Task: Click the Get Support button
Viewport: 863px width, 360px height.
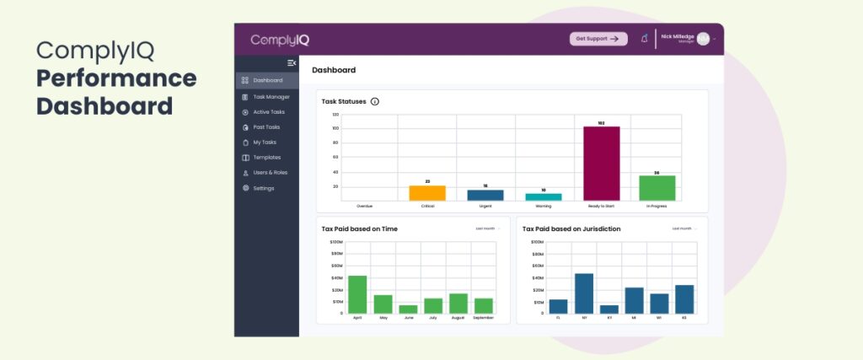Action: click(x=598, y=39)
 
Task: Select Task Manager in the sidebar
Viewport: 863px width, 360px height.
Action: click(x=271, y=96)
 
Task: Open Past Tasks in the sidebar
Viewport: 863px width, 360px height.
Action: click(x=266, y=126)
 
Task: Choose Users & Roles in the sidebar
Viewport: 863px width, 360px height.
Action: click(x=270, y=172)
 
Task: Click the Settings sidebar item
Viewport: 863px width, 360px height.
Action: click(x=263, y=188)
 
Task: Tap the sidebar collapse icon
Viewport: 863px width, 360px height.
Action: click(x=292, y=63)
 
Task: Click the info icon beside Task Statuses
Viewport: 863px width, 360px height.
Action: click(x=375, y=101)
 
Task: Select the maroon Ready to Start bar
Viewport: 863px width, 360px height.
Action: click(x=601, y=164)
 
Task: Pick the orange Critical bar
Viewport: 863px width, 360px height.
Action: click(x=427, y=193)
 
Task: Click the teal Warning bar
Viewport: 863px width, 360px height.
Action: click(x=544, y=196)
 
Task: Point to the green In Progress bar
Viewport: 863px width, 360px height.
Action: click(x=657, y=188)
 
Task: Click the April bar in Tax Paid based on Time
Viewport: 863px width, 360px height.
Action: click(x=357, y=294)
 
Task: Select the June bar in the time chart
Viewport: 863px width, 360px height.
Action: click(x=408, y=309)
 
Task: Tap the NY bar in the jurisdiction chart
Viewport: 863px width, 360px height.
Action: click(x=584, y=293)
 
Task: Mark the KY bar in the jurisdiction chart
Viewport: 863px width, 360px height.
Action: click(x=608, y=309)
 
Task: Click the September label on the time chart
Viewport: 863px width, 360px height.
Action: click(x=484, y=318)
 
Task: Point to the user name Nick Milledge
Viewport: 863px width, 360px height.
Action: click(x=677, y=36)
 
